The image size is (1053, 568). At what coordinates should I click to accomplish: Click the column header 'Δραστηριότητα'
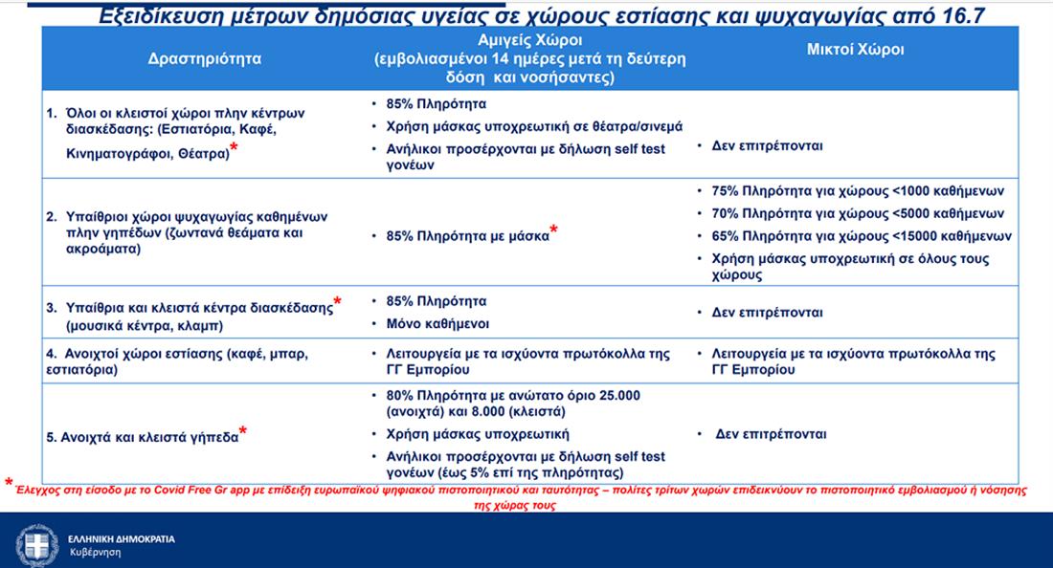(205, 58)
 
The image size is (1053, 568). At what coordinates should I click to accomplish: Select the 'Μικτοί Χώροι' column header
(855, 50)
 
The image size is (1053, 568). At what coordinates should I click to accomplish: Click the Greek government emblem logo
(36, 542)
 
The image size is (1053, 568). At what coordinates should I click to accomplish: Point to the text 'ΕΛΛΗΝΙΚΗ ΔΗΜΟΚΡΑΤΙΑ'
(122, 538)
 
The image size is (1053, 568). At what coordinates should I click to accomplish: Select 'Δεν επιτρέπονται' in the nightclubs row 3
(768, 313)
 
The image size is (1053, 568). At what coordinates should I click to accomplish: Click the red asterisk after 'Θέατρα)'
(234, 150)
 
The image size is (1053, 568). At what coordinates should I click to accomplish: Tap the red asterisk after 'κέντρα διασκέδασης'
(337, 303)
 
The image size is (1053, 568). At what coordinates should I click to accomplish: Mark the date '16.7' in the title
(965, 16)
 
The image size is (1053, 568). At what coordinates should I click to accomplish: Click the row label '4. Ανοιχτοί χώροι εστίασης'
(179, 354)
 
